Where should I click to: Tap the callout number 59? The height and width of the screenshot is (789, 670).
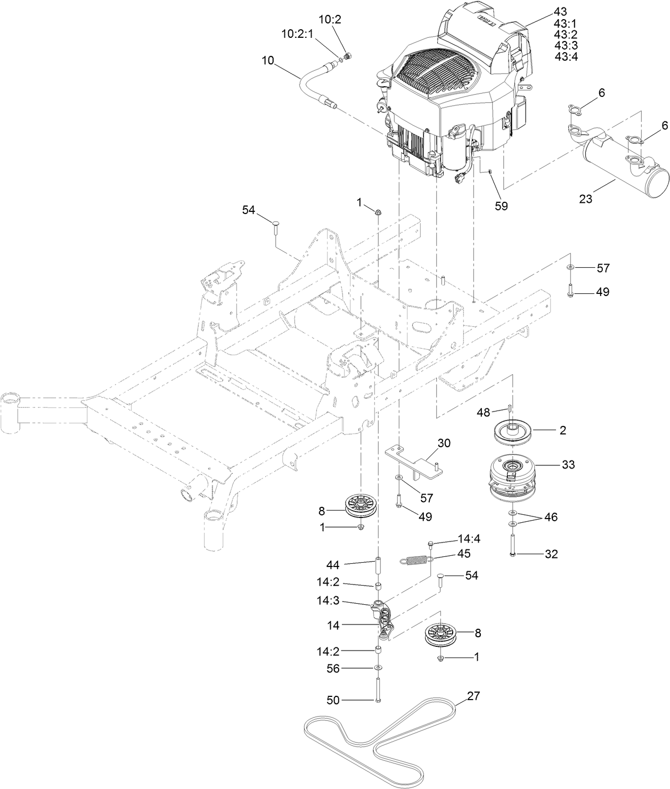coord(501,206)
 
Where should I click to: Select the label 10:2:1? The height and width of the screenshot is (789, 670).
coord(297,34)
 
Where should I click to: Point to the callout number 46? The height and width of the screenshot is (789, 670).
coord(551,517)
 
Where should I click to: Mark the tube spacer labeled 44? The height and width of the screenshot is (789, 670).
coord(378,564)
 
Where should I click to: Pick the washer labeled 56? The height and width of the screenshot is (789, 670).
coord(378,668)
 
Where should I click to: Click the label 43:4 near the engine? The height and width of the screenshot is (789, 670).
coord(566,56)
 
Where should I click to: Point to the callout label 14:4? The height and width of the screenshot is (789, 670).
coord(469,539)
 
